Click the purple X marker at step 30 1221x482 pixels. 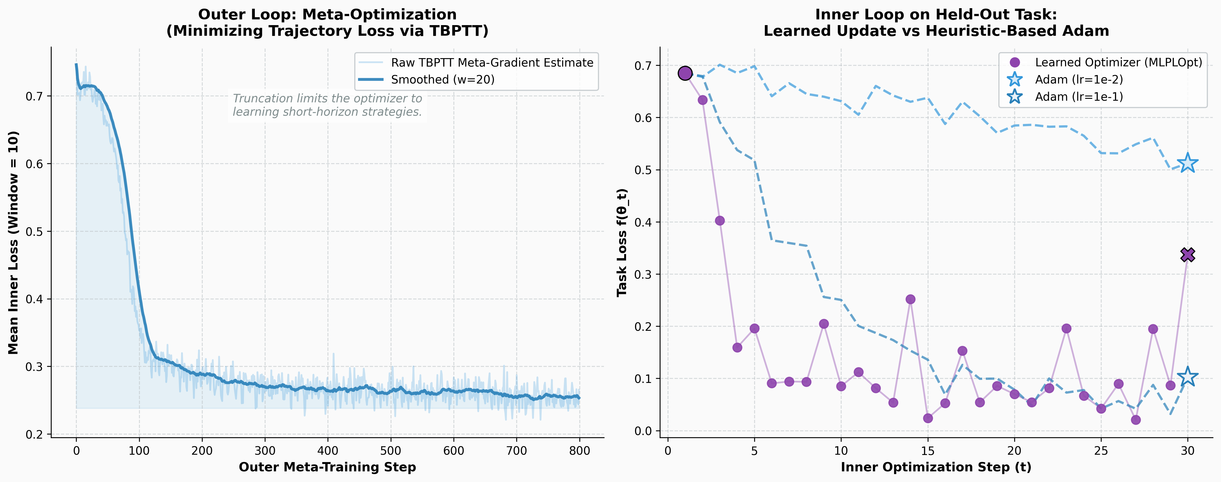point(1187,255)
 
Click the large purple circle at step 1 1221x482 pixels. point(685,73)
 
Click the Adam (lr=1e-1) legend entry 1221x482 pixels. point(1078,97)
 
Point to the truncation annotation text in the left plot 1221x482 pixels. point(327,105)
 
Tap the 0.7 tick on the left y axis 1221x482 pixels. point(34,96)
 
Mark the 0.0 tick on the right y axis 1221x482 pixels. point(643,431)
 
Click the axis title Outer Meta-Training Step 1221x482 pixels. point(327,467)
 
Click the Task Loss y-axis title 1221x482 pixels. point(622,242)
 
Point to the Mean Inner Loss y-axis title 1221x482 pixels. point(13,242)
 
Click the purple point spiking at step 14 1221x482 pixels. point(910,299)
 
